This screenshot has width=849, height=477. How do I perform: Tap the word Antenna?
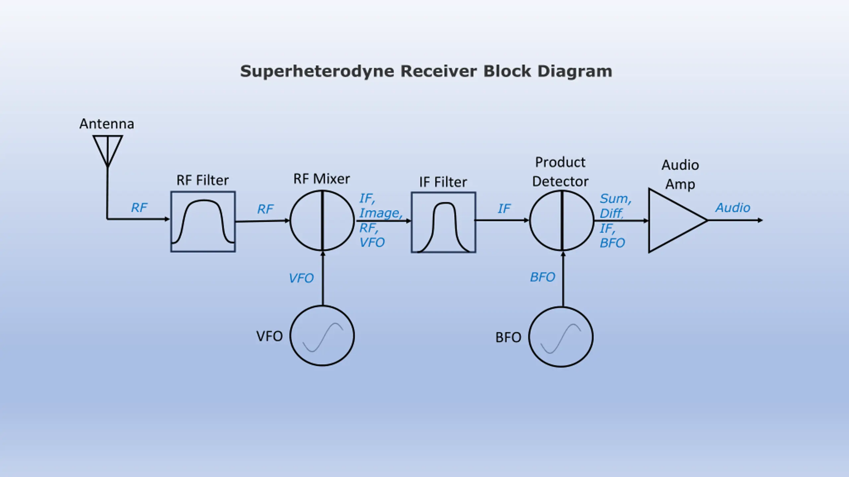pyautogui.click(x=107, y=124)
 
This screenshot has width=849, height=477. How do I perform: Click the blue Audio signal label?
pyautogui.click(x=733, y=208)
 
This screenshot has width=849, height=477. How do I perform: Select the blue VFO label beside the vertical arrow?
pyautogui.click(x=301, y=278)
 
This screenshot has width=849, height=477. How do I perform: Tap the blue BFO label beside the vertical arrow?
pyautogui.click(x=542, y=277)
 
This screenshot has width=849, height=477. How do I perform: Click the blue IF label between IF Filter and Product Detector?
pyautogui.click(x=504, y=208)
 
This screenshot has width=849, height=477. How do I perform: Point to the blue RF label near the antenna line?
pyautogui.click(x=139, y=208)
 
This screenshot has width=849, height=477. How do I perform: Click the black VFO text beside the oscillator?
pyautogui.click(x=269, y=336)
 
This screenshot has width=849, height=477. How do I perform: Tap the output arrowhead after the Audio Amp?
pyautogui.click(x=760, y=220)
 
